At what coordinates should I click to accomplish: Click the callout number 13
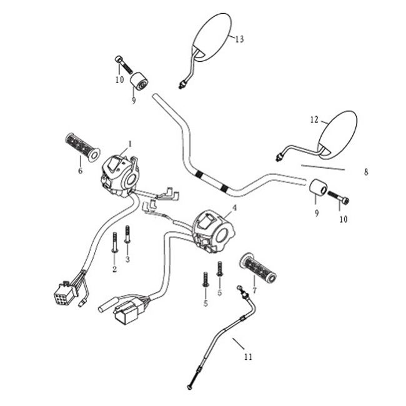point(239,39)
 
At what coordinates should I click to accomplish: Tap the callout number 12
point(314,119)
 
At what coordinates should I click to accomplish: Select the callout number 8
point(366,171)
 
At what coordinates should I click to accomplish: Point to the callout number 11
point(248,357)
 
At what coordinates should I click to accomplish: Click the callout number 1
point(130,144)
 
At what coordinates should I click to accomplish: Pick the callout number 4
point(234,207)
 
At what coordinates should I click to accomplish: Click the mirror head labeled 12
point(339,132)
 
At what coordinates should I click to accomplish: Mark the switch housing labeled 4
point(212,230)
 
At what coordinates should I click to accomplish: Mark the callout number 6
point(80,169)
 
